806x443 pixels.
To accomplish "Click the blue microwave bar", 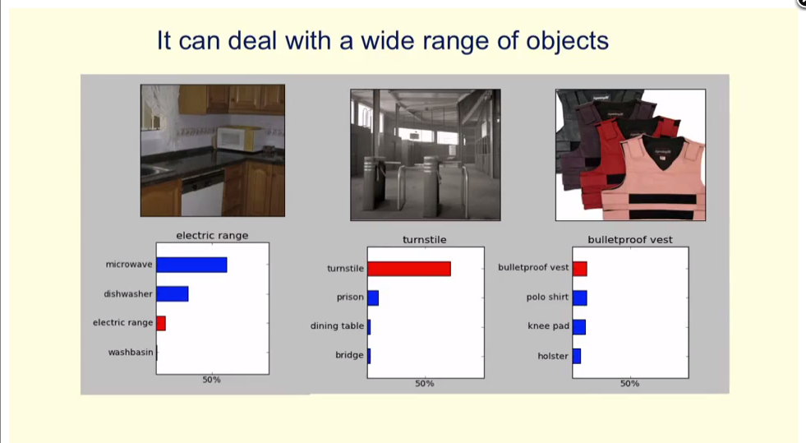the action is click(191, 265).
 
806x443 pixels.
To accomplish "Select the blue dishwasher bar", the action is click(173, 294).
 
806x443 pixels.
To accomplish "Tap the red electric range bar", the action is click(161, 323).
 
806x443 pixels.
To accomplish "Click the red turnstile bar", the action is click(409, 269).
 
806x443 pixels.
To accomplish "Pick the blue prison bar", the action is click(373, 298).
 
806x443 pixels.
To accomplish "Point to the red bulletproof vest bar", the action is click(580, 269).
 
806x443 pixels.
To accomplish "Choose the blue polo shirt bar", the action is click(580, 298).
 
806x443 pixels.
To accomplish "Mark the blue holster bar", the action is click(577, 356).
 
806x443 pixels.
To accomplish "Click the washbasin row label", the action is click(131, 352).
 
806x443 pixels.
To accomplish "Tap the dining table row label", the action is click(337, 325).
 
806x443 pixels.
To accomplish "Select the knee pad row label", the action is click(549, 325).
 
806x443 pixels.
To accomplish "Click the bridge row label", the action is click(349, 354).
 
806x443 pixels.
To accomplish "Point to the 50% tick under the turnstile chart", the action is click(425, 383).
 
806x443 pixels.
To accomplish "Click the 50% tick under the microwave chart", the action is click(211, 380).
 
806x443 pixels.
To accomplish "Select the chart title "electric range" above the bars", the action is click(212, 235).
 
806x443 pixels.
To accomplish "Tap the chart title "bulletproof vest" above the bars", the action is click(630, 239).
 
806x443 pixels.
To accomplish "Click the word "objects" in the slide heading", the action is click(568, 41).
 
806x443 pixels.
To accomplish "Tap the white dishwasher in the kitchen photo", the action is click(203, 194).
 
